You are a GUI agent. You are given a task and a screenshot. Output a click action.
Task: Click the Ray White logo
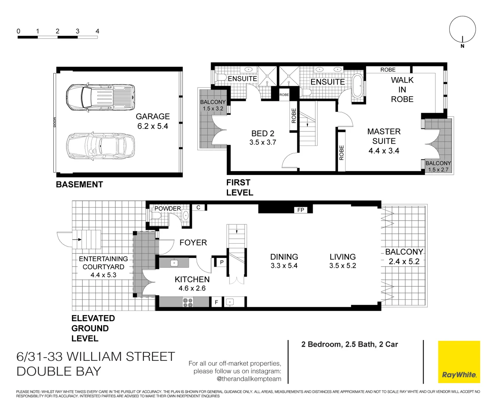tap(459, 362)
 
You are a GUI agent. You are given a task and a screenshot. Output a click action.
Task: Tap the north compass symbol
tap(462, 30)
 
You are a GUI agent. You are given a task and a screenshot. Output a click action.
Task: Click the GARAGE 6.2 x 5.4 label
tap(153, 121)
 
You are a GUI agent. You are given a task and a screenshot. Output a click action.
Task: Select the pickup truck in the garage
tap(100, 97)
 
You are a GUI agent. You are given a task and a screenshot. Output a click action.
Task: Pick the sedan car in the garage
tap(100, 145)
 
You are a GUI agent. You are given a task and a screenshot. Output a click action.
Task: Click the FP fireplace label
tap(301, 210)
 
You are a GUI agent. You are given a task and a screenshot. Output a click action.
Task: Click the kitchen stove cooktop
tap(188, 302)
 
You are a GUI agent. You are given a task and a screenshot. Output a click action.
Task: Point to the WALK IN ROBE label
tap(402, 90)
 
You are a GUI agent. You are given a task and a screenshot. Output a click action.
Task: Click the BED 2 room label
tap(263, 138)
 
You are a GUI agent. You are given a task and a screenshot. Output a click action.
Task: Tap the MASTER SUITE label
tap(384, 141)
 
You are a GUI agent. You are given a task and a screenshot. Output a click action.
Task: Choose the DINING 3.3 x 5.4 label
tap(284, 261)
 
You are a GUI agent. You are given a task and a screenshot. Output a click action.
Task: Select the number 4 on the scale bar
tap(97, 31)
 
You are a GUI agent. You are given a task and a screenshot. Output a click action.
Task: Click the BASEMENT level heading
tap(79, 184)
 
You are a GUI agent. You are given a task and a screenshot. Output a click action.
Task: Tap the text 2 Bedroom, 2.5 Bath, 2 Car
tap(349, 344)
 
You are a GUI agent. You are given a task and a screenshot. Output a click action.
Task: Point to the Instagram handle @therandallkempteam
tap(249, 379)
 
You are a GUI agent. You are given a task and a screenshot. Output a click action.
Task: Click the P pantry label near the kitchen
tap(222, 262)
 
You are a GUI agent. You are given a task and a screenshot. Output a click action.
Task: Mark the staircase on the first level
tap(308, 129)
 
